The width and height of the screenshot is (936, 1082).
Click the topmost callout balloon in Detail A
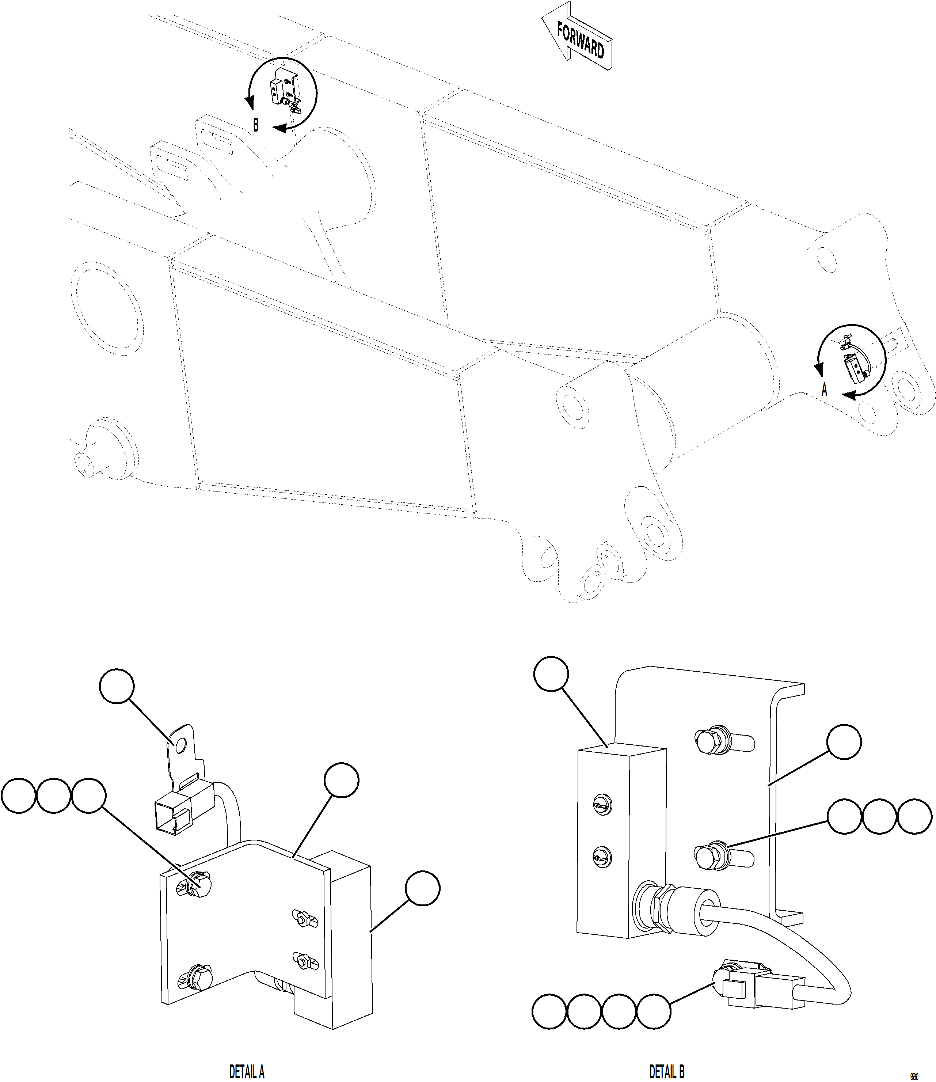[117, 687]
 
